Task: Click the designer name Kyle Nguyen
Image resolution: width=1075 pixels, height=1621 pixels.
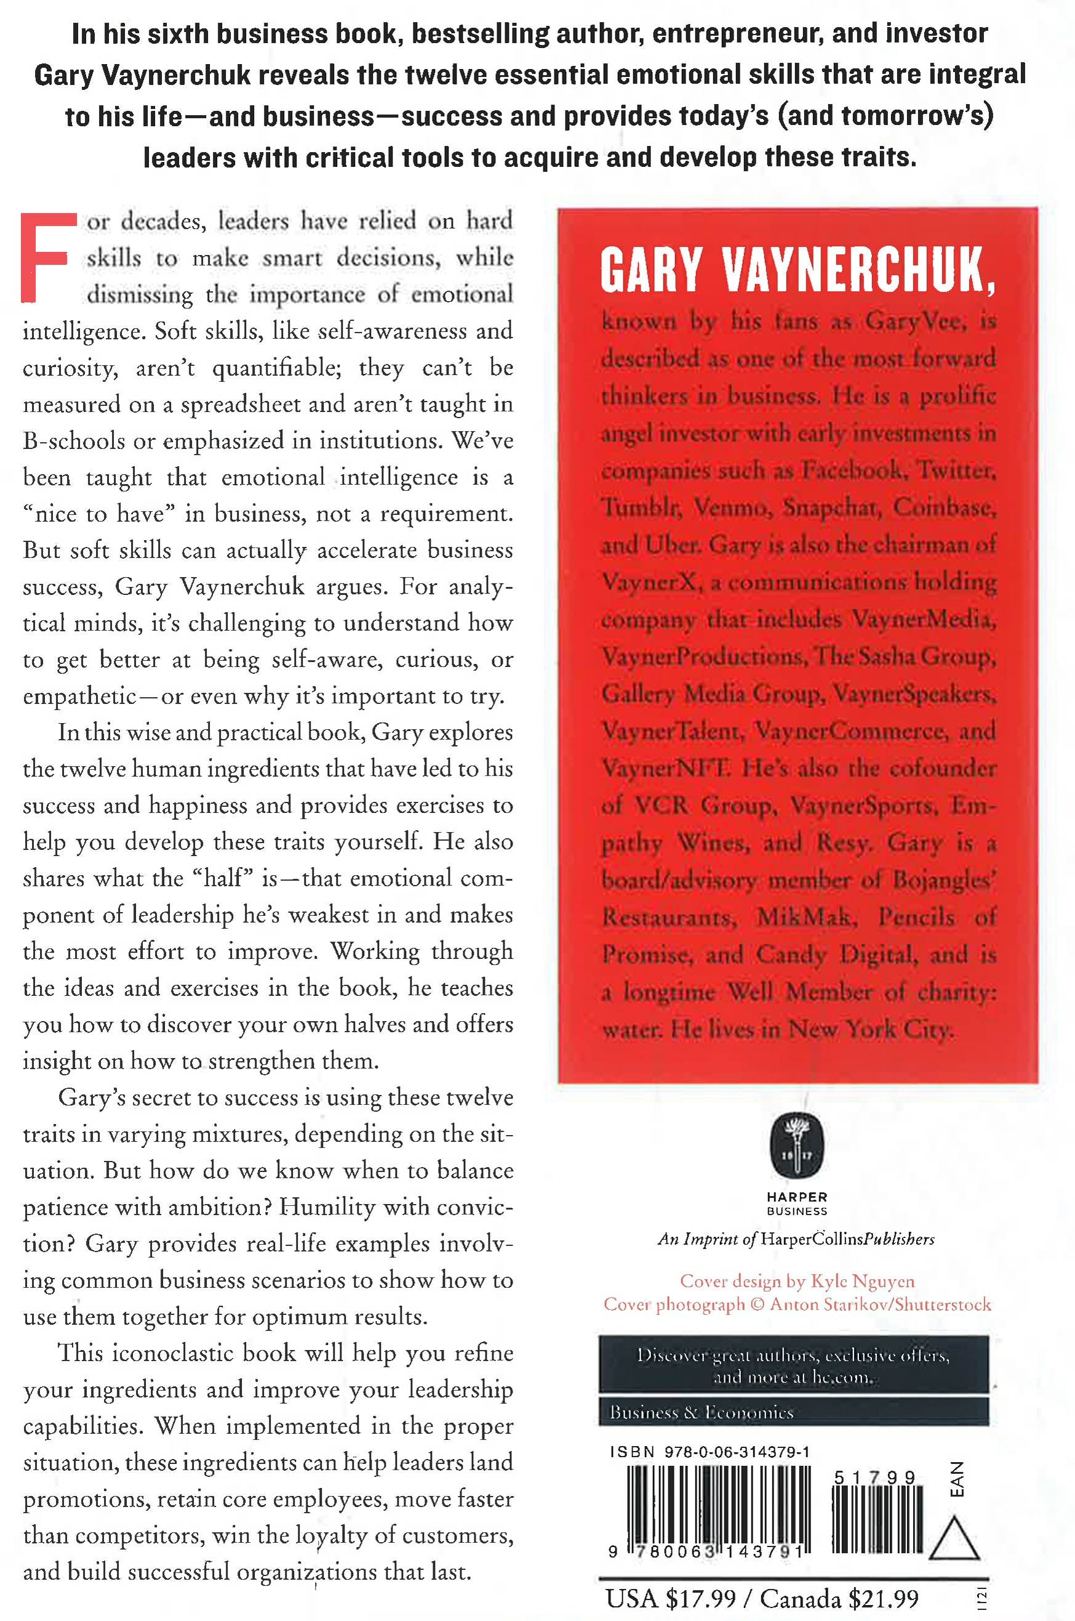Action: pyautogui.click(x=863, y=1281)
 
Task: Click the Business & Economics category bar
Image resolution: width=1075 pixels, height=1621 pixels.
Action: pyautogui.click(x=793, y=1412)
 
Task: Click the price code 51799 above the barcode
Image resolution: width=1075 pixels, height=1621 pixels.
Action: pyautogui.click(x=874, y=1477)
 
